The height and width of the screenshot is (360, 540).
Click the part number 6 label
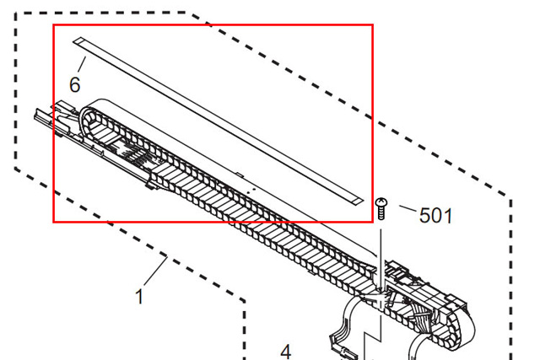tap(75, 84)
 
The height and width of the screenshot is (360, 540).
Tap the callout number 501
tap(435, 216)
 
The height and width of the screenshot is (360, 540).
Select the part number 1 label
tap(139, 296)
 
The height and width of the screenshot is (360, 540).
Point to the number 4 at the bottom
tap(285, 351)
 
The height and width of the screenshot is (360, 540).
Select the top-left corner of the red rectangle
tap(54, 24)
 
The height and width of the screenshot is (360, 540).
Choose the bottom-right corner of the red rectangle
tap(372, 222)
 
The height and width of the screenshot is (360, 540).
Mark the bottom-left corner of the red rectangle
tap(54, 222)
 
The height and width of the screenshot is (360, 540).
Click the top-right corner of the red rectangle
tap(372, 24)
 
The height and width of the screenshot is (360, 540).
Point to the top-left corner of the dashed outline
tap(18, 13)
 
